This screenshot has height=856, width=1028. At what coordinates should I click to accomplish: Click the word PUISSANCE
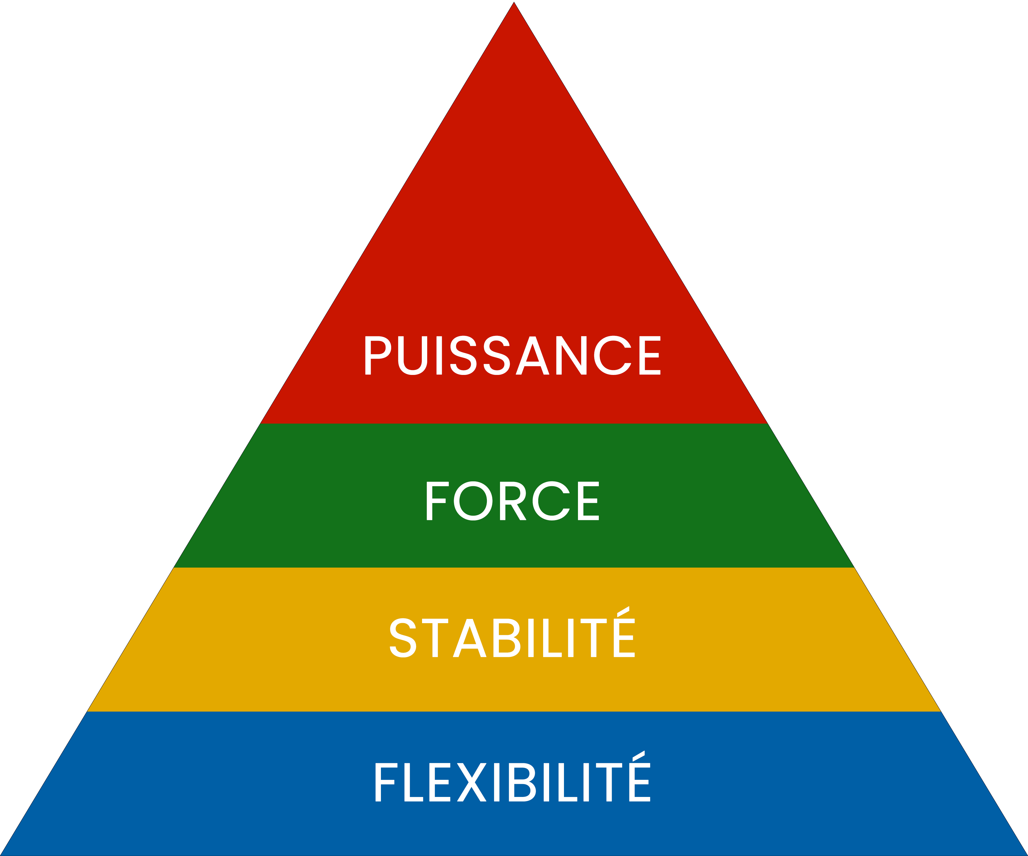[x=513, y=356]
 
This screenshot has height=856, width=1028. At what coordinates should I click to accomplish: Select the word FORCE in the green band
[x=513, y=501]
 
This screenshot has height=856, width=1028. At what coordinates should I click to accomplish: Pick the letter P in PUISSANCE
[x=378, y=356]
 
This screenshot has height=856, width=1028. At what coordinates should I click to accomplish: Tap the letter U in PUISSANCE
[x=413, y=356]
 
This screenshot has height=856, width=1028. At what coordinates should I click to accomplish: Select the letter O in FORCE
[x=473, y=501]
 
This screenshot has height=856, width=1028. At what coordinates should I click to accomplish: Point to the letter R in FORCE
[x=513, y=501]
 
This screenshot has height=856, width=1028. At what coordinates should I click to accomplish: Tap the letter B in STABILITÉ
[x=506, y=638]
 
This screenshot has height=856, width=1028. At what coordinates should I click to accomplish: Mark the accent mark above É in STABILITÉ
[x=623, y=611]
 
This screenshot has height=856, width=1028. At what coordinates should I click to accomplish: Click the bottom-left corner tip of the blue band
[x=1, y=855]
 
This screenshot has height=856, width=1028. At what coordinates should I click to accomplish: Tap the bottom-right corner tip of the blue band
[x=1027, y=855]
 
